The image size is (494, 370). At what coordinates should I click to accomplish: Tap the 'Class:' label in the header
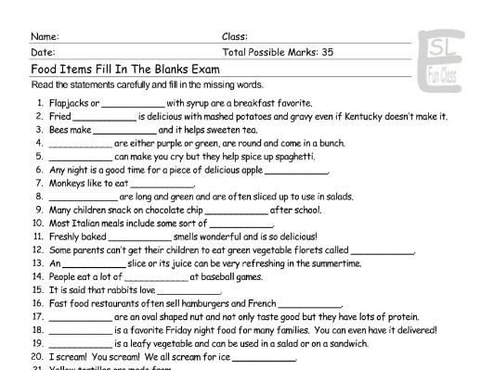click(235, 36)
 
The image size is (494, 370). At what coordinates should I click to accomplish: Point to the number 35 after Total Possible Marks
click(326, 52)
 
